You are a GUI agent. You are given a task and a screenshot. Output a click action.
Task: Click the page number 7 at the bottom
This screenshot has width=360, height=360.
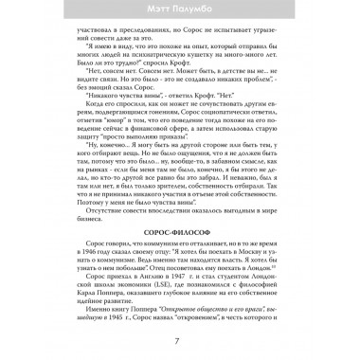coord(179,340)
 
